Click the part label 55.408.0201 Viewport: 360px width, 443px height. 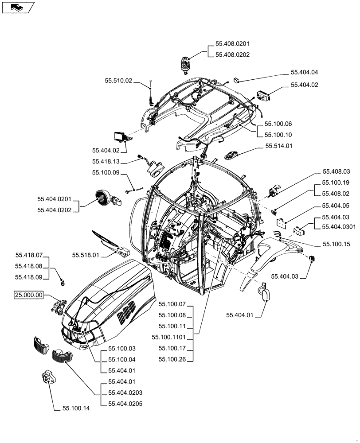tap(232, 44)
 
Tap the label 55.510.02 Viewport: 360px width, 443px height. tap(118, 81)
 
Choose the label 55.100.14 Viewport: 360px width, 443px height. tap(73, 408)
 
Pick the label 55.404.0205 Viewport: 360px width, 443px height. tap(125, 403)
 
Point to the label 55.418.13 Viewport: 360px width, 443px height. tap(106, 162)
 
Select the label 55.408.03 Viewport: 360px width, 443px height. tap(336, 171)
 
